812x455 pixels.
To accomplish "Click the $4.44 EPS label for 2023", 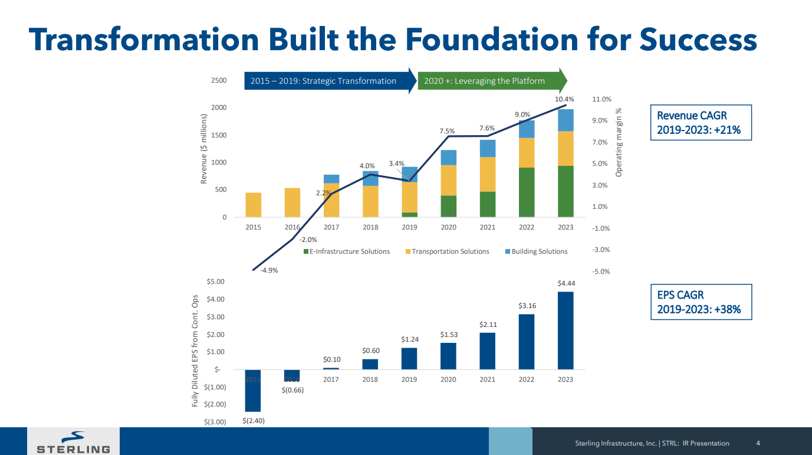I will click(566, 284).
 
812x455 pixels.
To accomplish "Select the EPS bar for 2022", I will click(527, 342).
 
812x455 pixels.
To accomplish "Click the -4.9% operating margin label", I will click(269, 271).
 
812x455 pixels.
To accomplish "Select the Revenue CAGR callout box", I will click(701, 123).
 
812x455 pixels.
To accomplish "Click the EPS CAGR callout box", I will click(701, 302).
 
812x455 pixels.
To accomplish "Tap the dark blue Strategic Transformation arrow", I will click(328, 81).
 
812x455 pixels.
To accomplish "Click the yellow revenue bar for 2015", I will click(253, 205).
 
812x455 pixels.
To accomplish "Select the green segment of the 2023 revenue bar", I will click(566, 191).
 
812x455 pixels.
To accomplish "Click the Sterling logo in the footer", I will click(74, 443).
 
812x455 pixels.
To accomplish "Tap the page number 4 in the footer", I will click(758, 443).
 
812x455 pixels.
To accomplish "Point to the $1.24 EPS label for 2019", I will click(409, 339).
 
